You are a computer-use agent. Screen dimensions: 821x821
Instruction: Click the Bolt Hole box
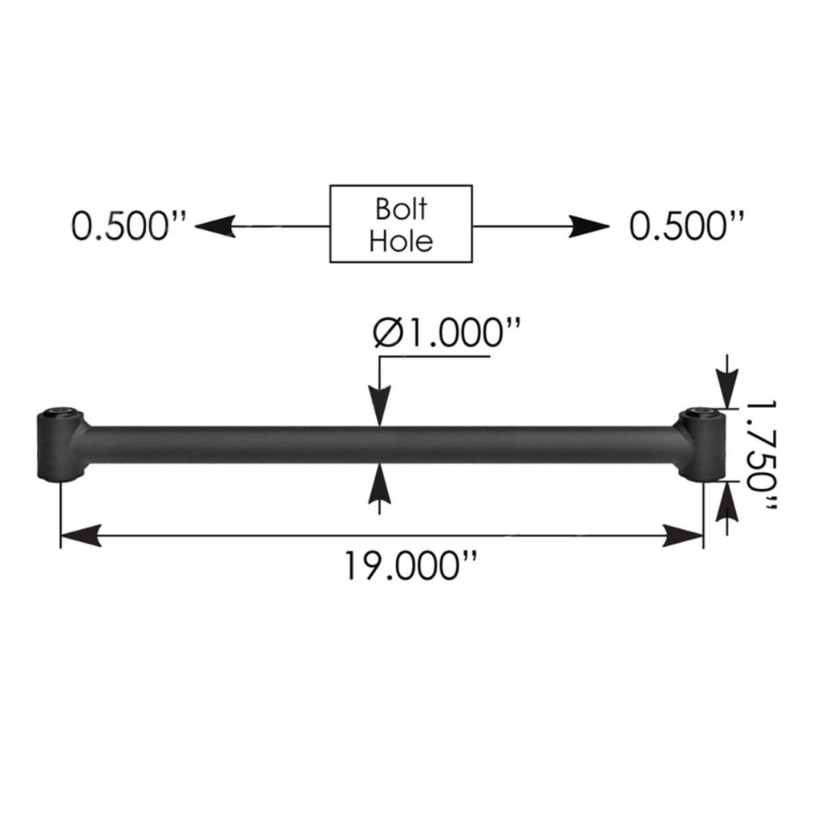click(401, 224)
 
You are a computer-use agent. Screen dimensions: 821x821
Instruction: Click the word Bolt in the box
click(401, 208)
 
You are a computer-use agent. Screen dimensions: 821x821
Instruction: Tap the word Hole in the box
click(401, 240)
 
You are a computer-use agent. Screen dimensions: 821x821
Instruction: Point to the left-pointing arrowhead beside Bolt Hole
click(215, 226)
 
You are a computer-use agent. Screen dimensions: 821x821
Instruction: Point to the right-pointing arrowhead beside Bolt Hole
click(588, 226)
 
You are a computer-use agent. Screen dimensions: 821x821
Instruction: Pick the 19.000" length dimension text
click(410, 566)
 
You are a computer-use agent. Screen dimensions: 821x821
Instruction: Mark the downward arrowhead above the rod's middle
click(379, 406)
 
